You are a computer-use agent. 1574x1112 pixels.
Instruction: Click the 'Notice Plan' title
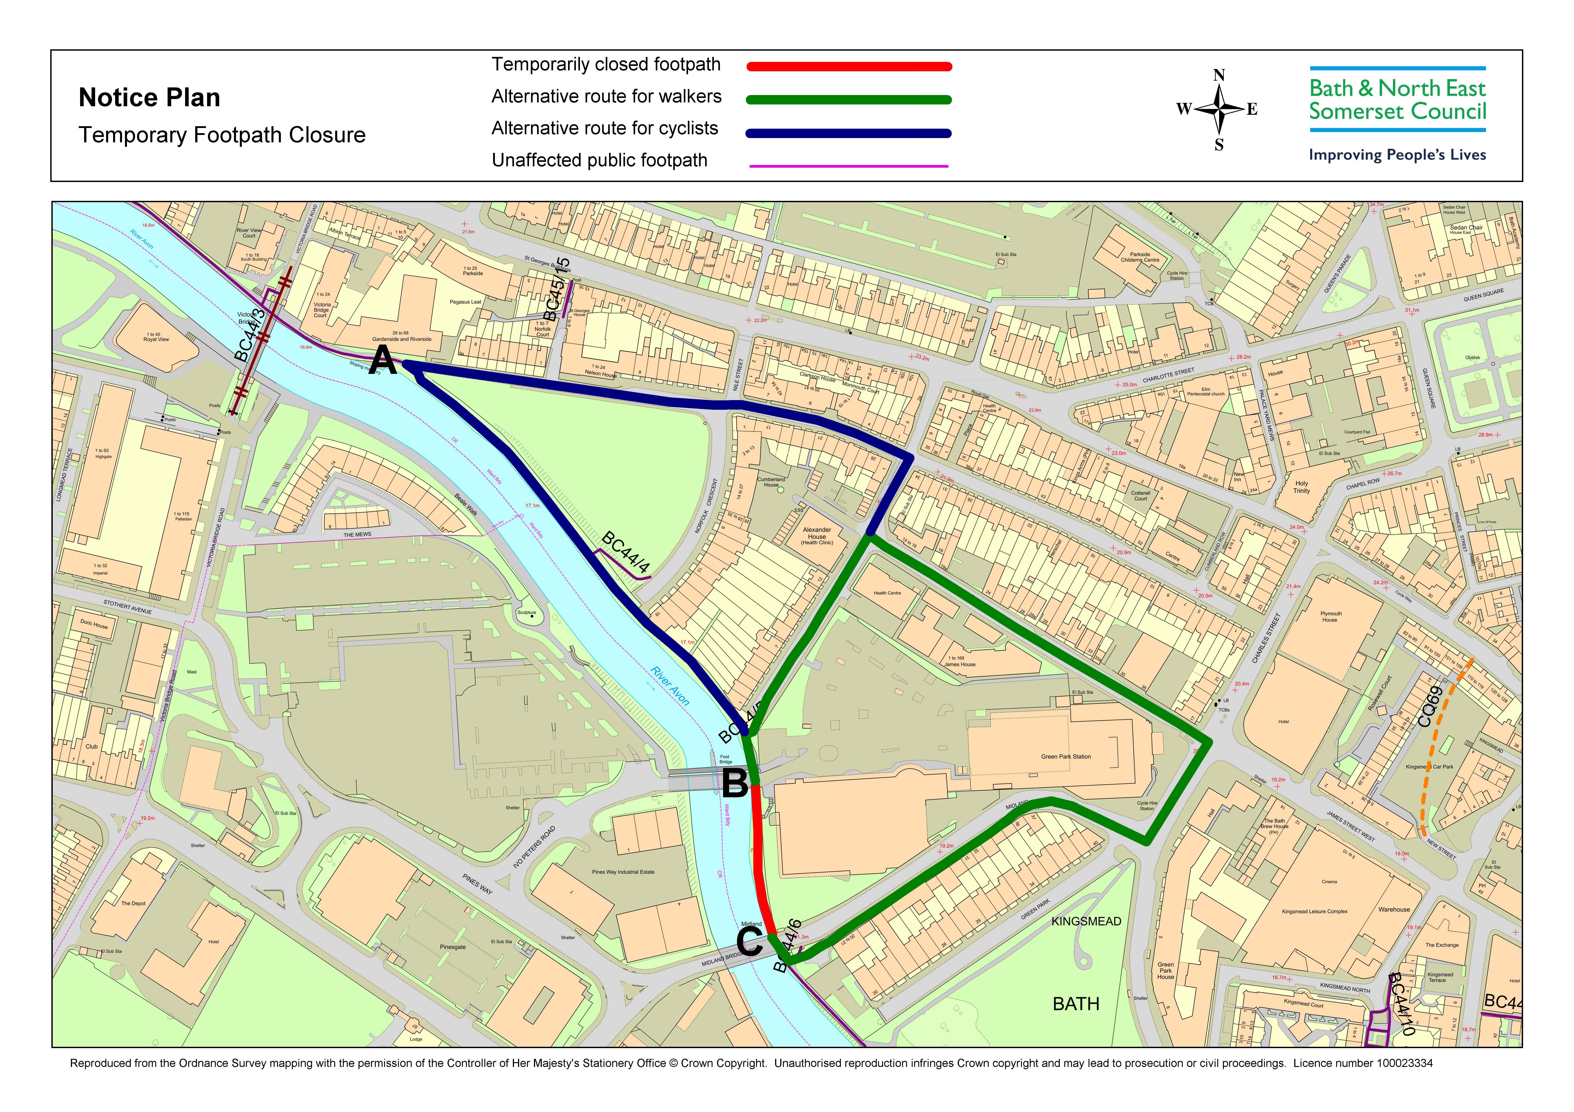pos(149,98)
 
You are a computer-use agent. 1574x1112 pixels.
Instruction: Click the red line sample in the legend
pos(849,66)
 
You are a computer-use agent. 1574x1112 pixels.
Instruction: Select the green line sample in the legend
pos(849,100)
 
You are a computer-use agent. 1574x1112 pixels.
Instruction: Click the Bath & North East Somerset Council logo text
pos(1397,100)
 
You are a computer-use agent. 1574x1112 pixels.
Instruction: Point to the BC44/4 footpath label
pos(625,552)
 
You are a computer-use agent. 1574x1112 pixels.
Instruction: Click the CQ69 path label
pos(1430,706)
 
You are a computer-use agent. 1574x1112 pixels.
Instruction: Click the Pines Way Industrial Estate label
pos(623,872)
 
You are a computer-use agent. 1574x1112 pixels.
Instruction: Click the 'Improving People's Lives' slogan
pos(1397,155)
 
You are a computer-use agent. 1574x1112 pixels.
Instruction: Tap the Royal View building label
pos(156,337)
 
